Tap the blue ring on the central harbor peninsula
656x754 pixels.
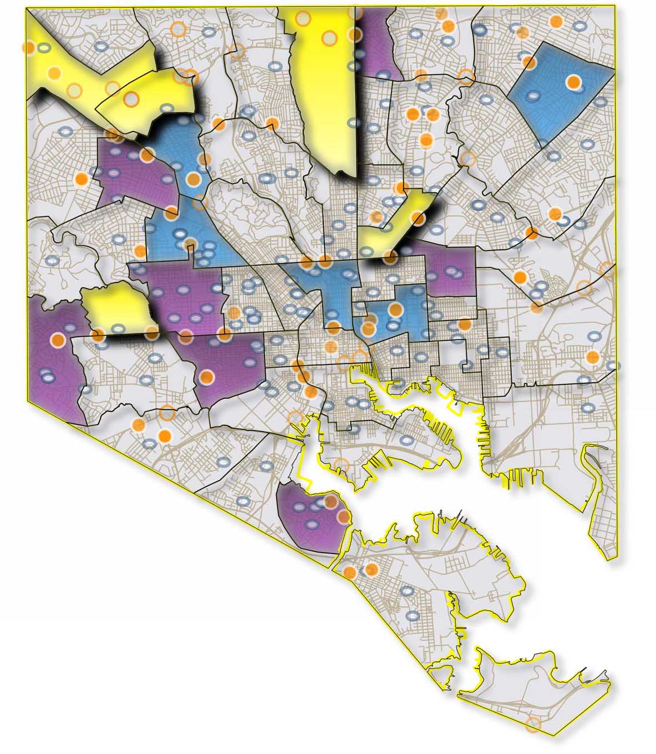[407, 441]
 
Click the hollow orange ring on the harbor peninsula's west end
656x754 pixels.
[343, 465]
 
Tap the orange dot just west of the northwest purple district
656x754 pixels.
[82, 179]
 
